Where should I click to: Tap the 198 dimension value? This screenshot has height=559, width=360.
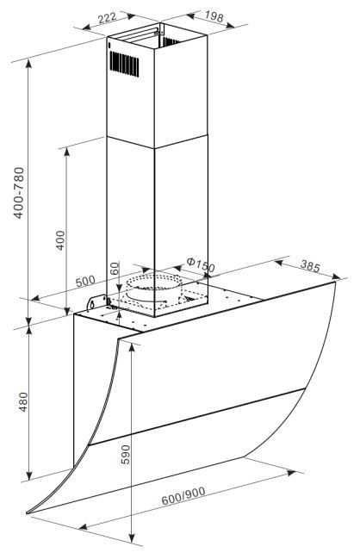(x=214, y=16)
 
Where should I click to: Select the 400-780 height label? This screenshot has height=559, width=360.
(x=19, y=193)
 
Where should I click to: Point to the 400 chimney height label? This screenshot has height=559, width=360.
(x=61, y=240)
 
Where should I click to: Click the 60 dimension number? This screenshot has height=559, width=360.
(x=114, y=268)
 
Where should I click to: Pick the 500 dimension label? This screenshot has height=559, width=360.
(x=85, y=281)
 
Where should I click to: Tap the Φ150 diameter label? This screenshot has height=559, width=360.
(x=201, y=264)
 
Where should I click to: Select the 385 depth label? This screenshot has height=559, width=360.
(x=310, y=266)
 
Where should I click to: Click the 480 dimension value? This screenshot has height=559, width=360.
(x=23, y=401)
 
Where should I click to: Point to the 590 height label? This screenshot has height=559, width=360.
(x=126, y=454)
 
